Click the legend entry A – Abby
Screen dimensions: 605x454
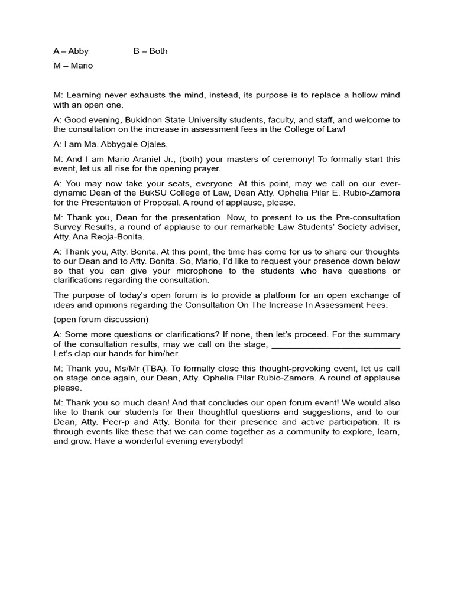[x=71, y=51]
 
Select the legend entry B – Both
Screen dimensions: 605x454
[x=150, y=51]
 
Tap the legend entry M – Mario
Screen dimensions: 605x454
[x=73, y=66]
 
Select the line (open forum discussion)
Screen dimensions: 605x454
[x=100, y=320]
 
